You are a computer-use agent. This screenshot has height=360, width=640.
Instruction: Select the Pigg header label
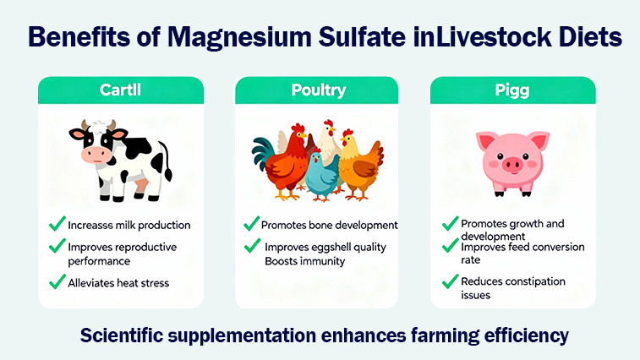coord(511,90)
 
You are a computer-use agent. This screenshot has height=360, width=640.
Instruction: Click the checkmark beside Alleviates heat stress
coord(57,281)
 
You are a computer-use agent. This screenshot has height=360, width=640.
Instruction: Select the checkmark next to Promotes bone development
coord(251,225)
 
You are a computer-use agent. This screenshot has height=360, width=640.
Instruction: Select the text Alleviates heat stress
coord(118,282)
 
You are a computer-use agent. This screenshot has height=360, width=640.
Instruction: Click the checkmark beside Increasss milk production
coord(57,225)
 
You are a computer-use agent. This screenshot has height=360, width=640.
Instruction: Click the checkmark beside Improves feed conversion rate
coord(451,248)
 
